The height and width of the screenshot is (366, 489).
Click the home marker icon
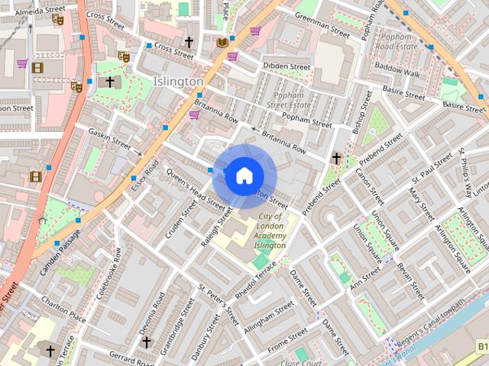pyautogui.click(x=244, y=176)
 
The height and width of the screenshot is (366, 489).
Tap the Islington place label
pyautogui.click(x=178, y=81)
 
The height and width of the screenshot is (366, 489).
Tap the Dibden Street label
pyautogui.click(x=287, y=66)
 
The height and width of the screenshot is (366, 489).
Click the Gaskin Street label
pyautogui.click(x=109, y=137)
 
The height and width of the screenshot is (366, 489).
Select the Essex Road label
pyautogui.click(x=144, y=176)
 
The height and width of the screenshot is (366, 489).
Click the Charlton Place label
pyautogui.click(x=63, y=310)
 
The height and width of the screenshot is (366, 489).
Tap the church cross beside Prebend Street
pyautogui.click(x=336, y=158)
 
